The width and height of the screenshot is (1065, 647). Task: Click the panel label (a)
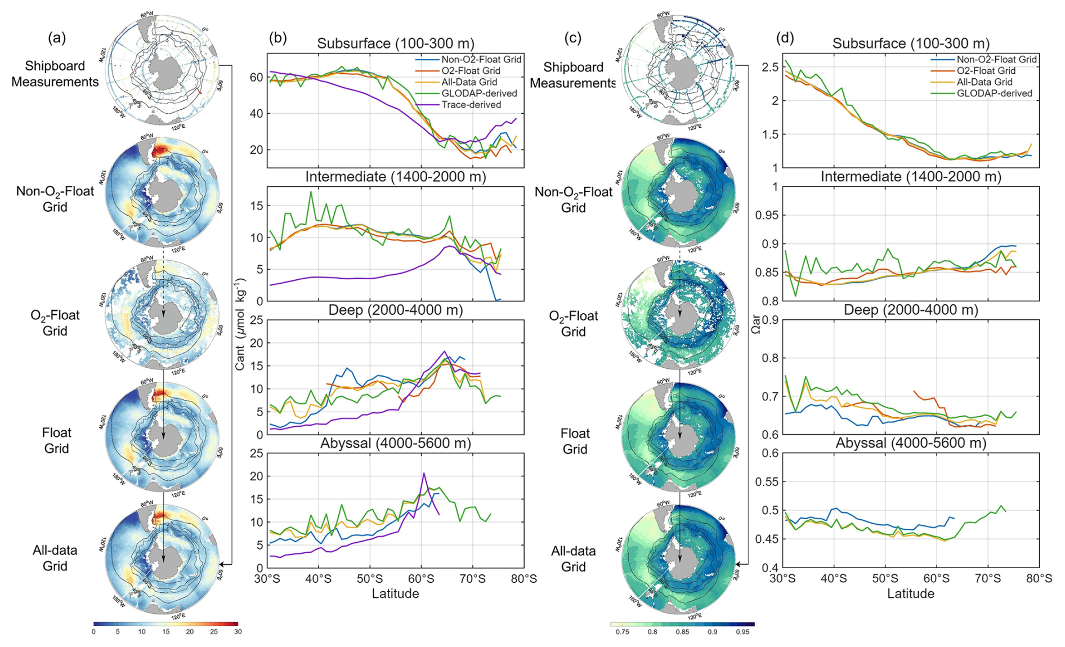(x=57, y=38)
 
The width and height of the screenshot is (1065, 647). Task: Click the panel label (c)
(x=572, y=38)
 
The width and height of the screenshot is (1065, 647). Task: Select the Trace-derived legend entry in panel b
(x=471, y=105)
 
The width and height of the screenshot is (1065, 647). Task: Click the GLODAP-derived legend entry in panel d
(x=994, y=93)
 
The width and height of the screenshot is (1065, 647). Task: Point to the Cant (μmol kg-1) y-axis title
(x=240, y=324)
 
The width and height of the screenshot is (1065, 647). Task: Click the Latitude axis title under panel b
(x=395, y=594)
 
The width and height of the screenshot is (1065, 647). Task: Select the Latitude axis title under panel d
(x=910, y=594)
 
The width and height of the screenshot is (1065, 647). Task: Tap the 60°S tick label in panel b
(x=420, y=579)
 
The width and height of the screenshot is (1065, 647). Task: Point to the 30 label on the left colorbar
(x=238, y=632)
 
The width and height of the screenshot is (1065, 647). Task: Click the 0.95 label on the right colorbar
(x=742, y=632)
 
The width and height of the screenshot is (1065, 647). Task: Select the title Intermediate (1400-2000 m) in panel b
(x=395, y=177)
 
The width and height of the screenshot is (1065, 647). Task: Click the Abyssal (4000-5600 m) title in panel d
(x=910, y=444)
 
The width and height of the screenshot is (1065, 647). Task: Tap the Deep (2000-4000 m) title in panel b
(x=395, y=310)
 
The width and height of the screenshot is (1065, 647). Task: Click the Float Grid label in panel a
(x=56, y=440)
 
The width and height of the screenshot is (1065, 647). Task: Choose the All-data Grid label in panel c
(x=573, y=559)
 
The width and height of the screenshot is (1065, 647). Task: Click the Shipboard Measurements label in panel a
(x=55, y=74)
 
